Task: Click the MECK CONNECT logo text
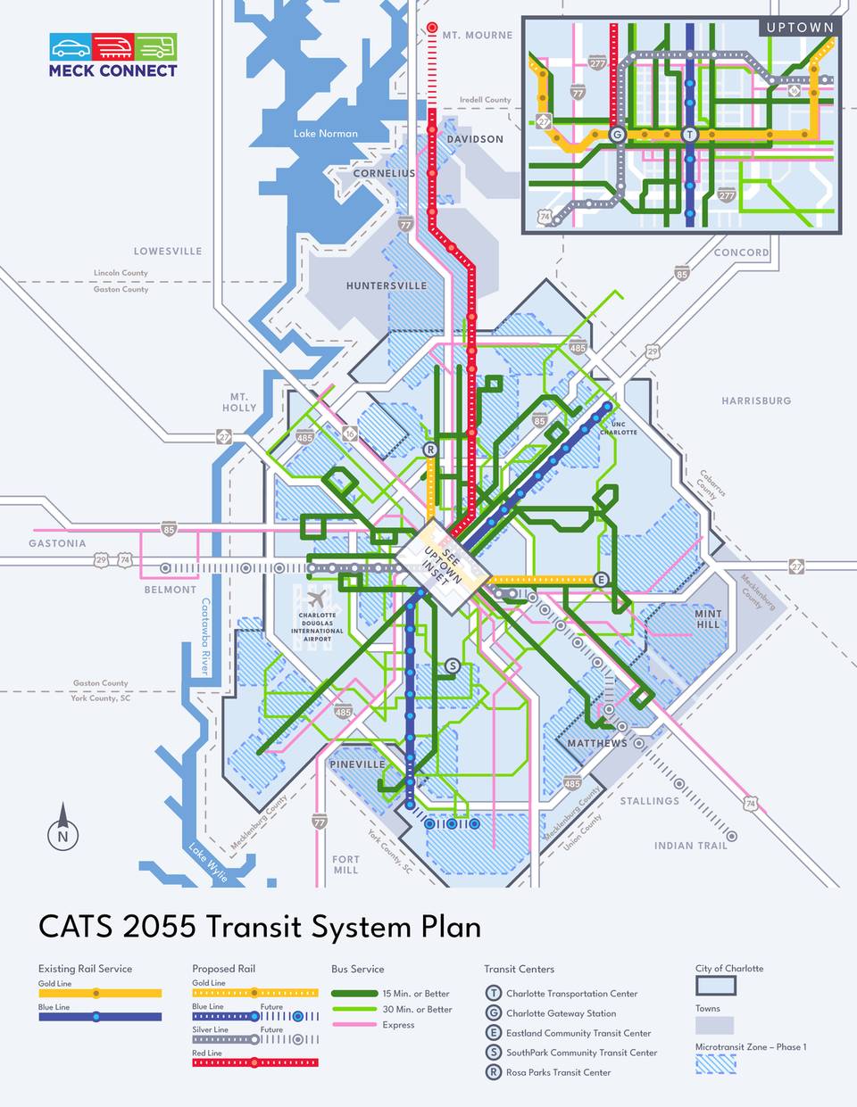tap(112, 70)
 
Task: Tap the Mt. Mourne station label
tap(478, 35)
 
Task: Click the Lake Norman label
tap(326, 134)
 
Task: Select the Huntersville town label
tap(387, 286)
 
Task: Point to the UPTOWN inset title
tap(800, 28)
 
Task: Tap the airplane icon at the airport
tap(317, 598)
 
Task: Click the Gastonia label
tap(57, 543)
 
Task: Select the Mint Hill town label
tap(708, 619)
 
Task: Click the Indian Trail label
tap(691, 846)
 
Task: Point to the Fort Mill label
tap(345, 864)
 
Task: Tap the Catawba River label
tap(205, 636)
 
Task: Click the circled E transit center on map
tap(602, 579)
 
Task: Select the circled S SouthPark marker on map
tap(452, 665)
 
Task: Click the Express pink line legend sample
tap(354, 1025)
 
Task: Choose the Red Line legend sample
tap(254, 1062)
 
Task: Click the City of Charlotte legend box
tap(716, 986)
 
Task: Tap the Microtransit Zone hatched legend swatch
tap(716, 1062)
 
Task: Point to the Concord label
tap(741, 252)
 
